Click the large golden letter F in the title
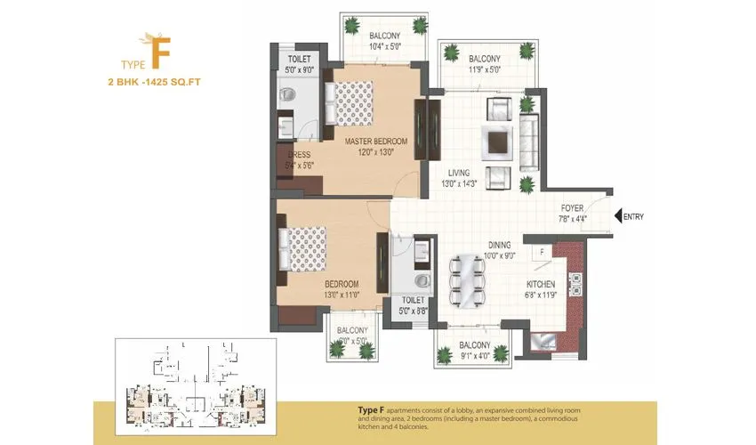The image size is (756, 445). (161, 53)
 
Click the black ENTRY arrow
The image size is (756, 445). (617, 216)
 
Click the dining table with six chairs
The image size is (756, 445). (468, 278)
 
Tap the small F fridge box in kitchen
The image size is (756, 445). (541, 253)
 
